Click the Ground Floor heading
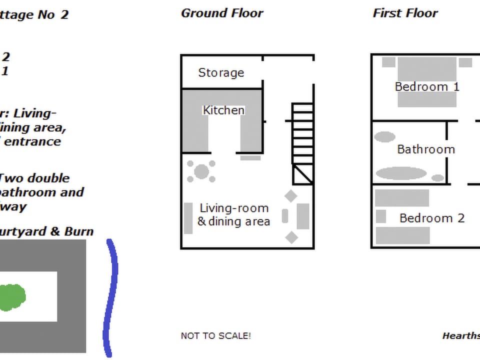(x=221, y=13)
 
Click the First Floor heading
(x=405, y=13)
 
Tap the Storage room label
(x=221, y=73)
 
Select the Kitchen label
(x=223, y=110)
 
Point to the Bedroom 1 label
(x=427, y=86)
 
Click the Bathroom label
(x=426, y=149)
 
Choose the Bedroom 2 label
(x=432, y=218)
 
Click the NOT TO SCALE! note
(x=216, y=335)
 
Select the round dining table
(x=201, y=171)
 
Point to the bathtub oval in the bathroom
(x=401, y=173)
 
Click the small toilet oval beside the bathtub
(x=437, y=177)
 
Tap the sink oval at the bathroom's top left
(x=385, y=136)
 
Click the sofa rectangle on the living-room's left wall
(x=188, y=218)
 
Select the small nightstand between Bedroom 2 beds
(x=381, y=216)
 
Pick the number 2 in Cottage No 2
(x=64, y=14)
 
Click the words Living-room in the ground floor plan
(x=234, y=208)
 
